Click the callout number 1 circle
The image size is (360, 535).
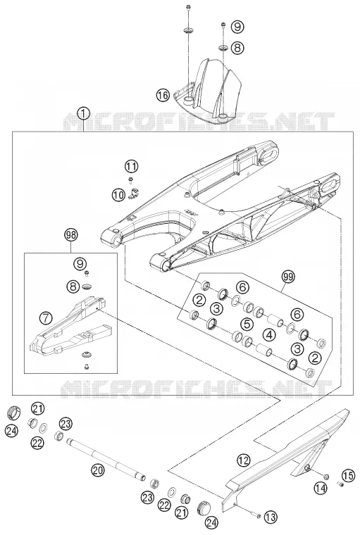84,113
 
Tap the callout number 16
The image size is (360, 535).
163,94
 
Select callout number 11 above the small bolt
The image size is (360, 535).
131,167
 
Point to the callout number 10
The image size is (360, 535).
118,195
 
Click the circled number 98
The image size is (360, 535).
71,234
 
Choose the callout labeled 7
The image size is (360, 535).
45,317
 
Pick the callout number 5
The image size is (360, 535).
247,324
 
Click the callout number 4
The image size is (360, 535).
270,334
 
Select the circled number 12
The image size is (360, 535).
244,460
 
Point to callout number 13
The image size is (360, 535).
270,517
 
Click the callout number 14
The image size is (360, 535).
321,488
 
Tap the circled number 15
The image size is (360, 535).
348,476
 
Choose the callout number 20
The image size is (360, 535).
98,470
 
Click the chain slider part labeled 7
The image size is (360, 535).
70,329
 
